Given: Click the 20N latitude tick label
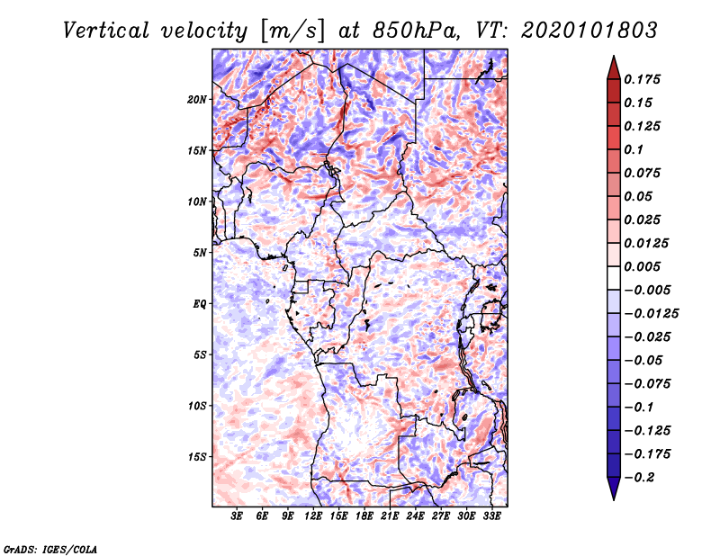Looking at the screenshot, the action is click(x=197, y=100).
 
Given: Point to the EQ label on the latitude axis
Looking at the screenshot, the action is click(x=200, y=304).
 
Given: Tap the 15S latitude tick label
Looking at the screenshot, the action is click(x=197, y=457).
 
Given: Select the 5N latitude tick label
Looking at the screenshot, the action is click(x=200, y=253).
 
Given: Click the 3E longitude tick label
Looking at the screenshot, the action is click(x=237, y=516).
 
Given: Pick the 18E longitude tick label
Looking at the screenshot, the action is click(x=364, y=516).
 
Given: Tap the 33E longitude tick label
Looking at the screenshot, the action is click(x=491, y=516).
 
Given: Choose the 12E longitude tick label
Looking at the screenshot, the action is click(x=313, y=516).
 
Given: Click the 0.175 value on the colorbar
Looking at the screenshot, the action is click(x=642, y=79).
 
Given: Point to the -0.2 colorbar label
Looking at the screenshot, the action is click(x=639, y=478).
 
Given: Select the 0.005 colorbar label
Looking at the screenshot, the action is click(x=642, y=266).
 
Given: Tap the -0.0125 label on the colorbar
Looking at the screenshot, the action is click(x=651, y=314).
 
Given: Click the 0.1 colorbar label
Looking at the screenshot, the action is click(x=634, y=149).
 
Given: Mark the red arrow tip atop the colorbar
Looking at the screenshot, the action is click(x=614, y=56).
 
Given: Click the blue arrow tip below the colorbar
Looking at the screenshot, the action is click(x=614, y=499).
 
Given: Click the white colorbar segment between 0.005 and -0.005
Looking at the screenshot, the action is click(x=614, y=278).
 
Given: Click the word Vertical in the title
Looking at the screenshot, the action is click(x=106, y=31).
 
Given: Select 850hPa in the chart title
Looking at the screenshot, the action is click(x=416, y=31).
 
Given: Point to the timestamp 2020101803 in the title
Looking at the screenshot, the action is click(x=589, y=31).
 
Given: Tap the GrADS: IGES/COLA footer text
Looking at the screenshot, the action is click(x=50, y=549).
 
